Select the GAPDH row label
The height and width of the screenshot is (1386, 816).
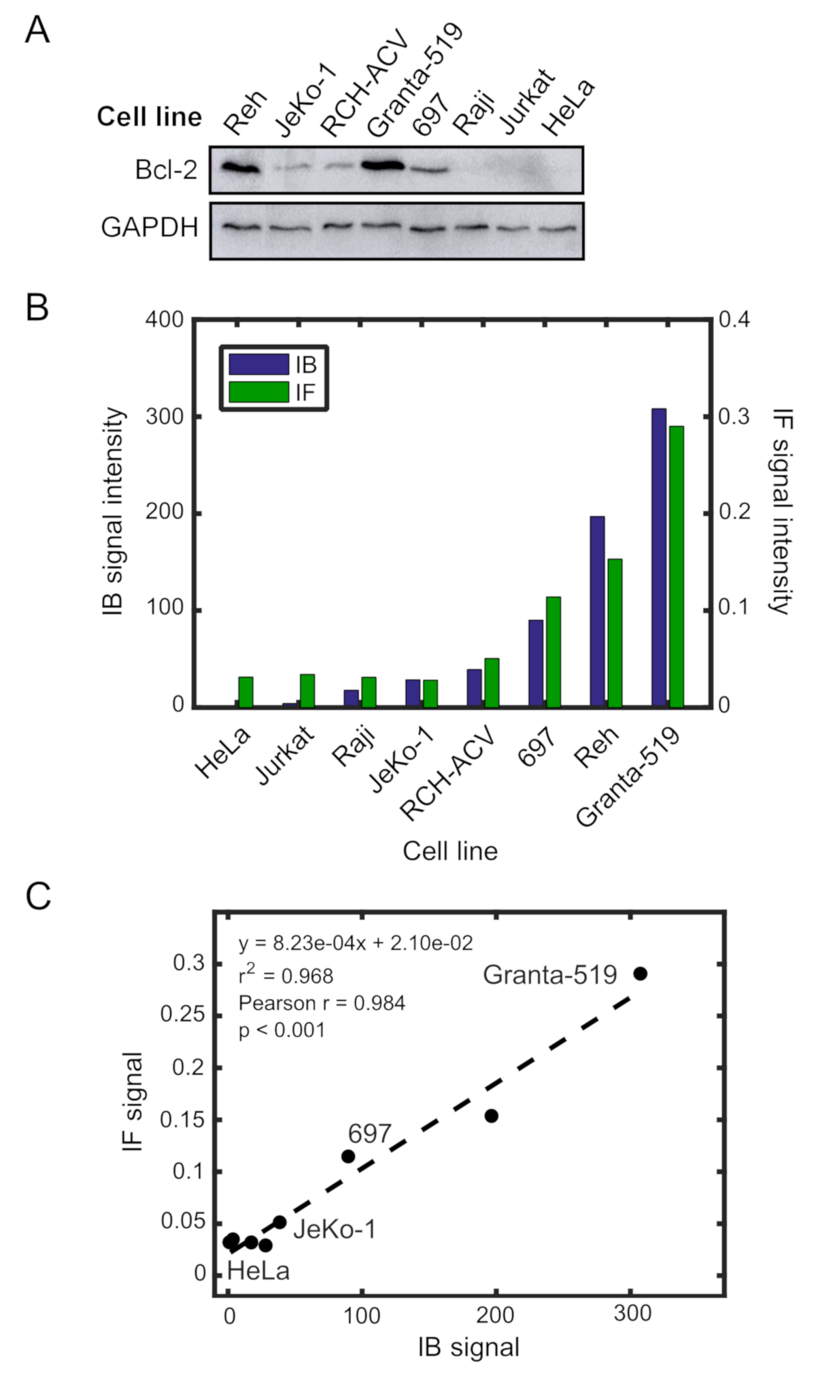coord(150,227)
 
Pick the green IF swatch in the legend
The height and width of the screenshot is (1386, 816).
coord(258,392)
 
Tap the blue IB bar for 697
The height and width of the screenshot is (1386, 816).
coord(536,663)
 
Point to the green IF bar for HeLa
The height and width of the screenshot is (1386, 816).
coord(245,691)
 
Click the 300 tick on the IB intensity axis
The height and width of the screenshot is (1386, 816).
coord(165,416)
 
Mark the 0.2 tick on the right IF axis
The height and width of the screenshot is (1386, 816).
coord(734,512)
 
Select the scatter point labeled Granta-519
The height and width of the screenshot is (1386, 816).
coord(640,974)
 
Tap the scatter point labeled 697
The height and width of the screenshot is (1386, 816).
coord(349,1156)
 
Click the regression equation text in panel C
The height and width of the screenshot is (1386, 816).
coord(356,943)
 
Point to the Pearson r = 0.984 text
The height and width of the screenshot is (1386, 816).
coord(322,1003)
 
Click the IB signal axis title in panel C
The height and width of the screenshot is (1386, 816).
coord(469,1347)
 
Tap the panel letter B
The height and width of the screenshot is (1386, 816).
coord(37,307)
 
